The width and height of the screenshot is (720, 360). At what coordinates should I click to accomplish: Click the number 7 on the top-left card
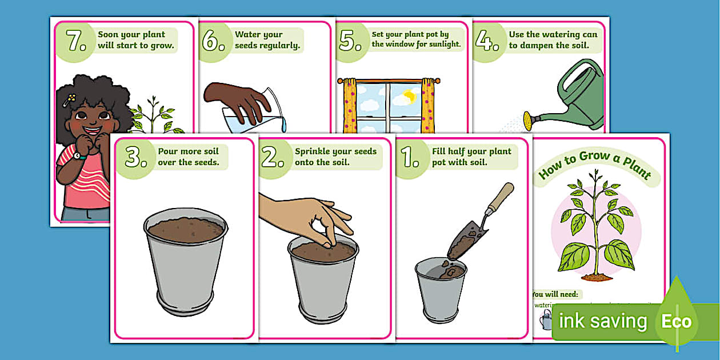(76, 41)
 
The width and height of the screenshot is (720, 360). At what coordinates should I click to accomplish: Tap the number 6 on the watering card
(213, 41)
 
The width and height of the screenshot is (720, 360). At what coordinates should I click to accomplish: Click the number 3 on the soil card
(136, 158)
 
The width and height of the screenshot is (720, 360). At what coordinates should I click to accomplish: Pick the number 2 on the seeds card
(273, 158)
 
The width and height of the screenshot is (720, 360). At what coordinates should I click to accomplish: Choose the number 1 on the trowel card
(410, 158)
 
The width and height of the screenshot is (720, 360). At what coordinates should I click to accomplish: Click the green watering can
(577, 100)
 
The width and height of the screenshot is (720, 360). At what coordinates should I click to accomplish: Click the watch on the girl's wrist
(77, 155)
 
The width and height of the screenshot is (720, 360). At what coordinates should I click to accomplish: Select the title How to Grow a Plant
(594, 166)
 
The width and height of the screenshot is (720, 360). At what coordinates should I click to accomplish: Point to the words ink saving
(602, 322)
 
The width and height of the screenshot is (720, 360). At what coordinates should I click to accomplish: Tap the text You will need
(554, 294)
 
